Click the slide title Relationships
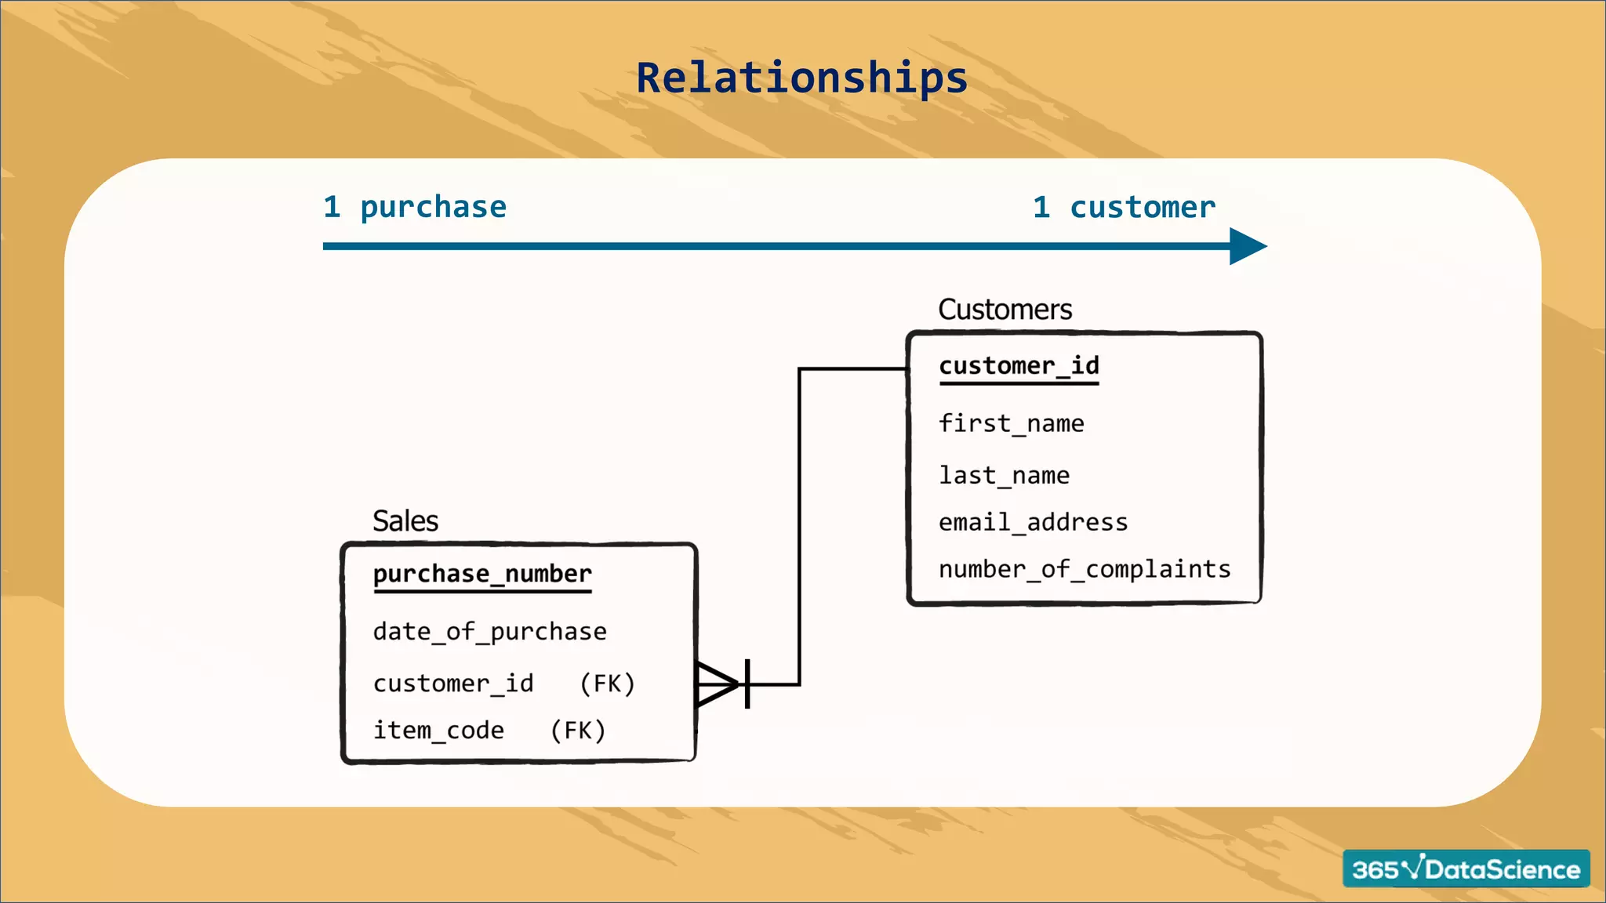pyautogui.click(x=801, y=78)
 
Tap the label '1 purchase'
pyautogui.click(x=415, y=208)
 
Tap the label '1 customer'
pyautogui.click(x=1124, y=208)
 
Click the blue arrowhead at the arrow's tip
pyautogui.click(x=1246, y=246)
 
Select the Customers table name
pyautogui.click(x=1005, y=310)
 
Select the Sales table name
pyautogui.click(x=405, y=521)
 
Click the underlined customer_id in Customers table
pyautogui.click(x=1019, y=366)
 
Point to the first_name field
pyautogui.click(x=1011, y=424)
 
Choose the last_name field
pyautogui.click(x=1004, y=476)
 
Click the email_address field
pyautogui.click(x=1033, y=523)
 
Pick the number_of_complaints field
pyautogui.click(x=1085, y=569)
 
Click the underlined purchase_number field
pyautogui.click(x=482, y=575)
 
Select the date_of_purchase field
pyautogui.click(x=489, y=632)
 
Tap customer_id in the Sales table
pyautogui.click(x=453, y=684)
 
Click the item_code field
pyautogui.click(x=438, y=731)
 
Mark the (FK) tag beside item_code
pyautogui.click(x=578, y=731)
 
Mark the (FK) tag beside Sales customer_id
pyautogui.click(x=607, y=684)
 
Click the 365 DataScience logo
pyautogui.click(x=1466, y=869)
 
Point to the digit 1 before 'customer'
pyautogui.click(x=1041, y=208)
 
